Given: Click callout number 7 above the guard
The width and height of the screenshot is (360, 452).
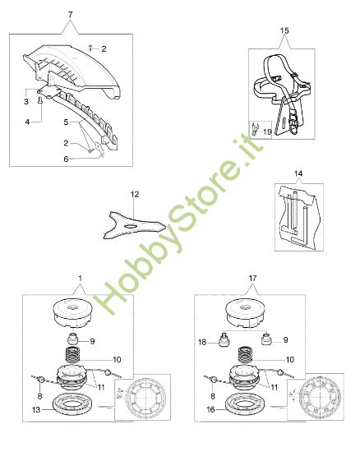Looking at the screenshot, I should [70, 16].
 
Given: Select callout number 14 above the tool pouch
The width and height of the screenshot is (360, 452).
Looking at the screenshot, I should [298, 173].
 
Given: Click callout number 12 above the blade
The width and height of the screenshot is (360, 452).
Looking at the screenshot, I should [135, 194].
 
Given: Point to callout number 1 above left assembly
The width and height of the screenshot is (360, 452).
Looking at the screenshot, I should [80, 281].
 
